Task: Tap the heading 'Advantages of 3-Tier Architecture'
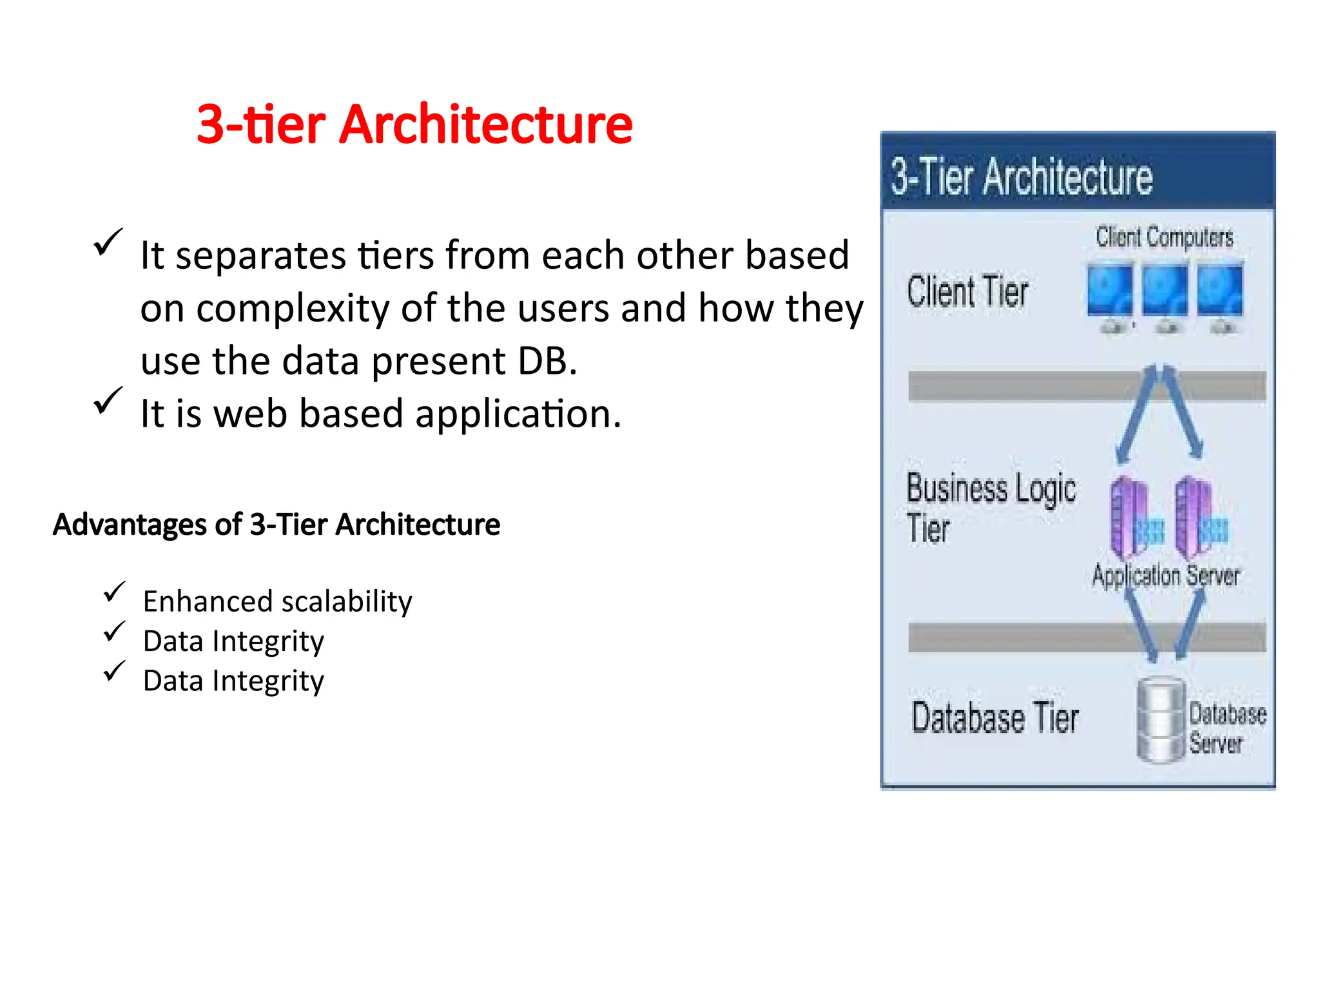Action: click(277, 524)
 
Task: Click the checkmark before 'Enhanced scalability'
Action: click(114, 592)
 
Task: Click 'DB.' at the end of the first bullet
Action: click(547, 361)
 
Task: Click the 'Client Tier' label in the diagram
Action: click(967, 292)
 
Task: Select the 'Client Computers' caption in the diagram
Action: click(1164, 237)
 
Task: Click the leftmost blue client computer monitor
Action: click(1109, 291)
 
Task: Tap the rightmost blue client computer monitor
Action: click(1219, 291)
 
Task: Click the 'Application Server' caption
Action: click(1165, 575)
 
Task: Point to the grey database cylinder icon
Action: click(1161, 720)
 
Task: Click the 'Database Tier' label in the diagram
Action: click(995, 718)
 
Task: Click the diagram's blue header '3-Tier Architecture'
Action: click(1022, 177)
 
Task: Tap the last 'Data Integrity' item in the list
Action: click(233, 681)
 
